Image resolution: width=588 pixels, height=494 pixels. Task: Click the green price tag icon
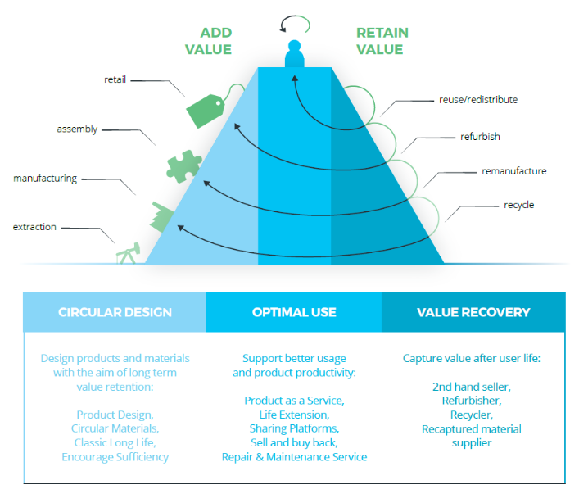click(x=206, y=111)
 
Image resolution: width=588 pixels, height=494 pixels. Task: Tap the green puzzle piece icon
click(x=183, y=166)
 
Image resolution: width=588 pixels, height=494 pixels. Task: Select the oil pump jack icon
click(x=129, y=253)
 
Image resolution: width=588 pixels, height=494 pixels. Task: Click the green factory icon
click(x=162, y=217)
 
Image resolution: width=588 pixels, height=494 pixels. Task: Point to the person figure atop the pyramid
click(x=294, y=53)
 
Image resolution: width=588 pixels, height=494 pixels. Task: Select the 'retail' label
click(x=115, y=79)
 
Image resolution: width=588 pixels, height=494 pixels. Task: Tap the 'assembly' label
click(x=77, y=129)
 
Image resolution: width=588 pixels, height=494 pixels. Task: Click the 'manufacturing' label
click(x=45, y=178)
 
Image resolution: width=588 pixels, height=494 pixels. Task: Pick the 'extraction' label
click(x=34, y=227)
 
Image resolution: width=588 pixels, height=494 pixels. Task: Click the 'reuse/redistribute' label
click(x=478, y=100)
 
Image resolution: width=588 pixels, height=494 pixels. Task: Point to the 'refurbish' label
click(x=480, y=137)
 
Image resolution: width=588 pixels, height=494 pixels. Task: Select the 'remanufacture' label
click(x=514, y=171)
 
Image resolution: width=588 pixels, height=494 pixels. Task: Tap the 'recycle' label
click(x=519, y=205)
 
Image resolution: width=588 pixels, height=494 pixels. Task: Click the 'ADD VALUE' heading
click(x=209, y=41)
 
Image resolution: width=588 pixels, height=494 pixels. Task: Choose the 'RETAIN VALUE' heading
click(x=382, y=41)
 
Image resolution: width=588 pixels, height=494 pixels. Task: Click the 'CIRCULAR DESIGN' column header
click(x=115, y=312)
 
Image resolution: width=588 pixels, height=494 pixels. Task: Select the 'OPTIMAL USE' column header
click(x=294, y=312)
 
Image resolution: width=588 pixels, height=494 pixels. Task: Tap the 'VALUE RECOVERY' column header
click(x=473, y=312)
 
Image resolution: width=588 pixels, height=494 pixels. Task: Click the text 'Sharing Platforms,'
click(x=294, y=428)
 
